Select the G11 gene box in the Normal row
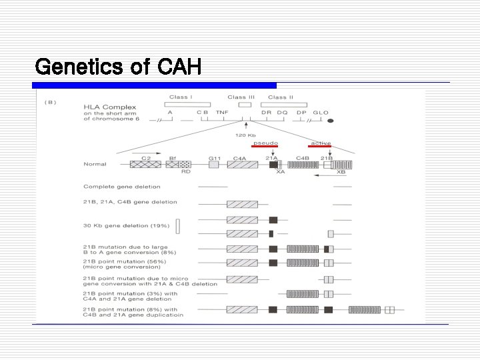click(x=214, y=164)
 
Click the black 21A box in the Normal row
click(x=273, y=164)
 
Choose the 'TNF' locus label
click(x=221, y=113)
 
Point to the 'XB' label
click(x=341, y=172)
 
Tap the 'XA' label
click(x=281, y=172)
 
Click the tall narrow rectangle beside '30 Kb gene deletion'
click(x=178, y=226)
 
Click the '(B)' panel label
click(x=49, y=102)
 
